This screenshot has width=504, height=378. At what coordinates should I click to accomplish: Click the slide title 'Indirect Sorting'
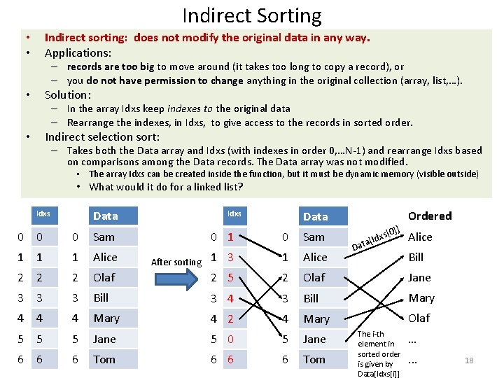point(252,15)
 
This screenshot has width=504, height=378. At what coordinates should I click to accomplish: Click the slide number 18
point(469,360)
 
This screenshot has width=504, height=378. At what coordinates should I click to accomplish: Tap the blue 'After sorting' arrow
point(176,262)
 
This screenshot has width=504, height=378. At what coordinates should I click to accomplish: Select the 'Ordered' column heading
point(430,216)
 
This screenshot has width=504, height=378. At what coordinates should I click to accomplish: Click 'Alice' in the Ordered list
point(420,237)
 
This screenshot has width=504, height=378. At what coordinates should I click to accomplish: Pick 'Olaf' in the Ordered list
point(419,318)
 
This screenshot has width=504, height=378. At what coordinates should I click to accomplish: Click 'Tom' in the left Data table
point(104,359)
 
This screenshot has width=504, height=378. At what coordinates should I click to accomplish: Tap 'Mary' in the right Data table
point(316,318)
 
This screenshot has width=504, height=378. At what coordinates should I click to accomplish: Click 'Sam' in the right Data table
point(314,237)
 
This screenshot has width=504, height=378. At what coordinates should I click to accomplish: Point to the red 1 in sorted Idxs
point(230,237)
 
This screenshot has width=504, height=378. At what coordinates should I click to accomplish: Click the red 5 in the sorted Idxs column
point(230,277)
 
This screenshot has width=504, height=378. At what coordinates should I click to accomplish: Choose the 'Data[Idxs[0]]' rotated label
point(377,238)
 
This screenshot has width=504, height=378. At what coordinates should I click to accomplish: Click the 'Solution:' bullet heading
point(68,94)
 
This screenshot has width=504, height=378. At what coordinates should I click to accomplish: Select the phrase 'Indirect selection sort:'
point(102,136)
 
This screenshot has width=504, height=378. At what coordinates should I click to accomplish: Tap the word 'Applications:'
point(78,52)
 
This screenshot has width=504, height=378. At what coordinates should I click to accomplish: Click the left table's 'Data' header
point(105,216)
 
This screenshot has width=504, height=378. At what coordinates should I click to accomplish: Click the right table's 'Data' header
point(315,216)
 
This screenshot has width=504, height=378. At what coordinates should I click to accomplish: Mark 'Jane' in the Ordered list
point(420,277)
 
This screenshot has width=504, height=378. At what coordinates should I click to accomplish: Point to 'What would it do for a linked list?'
point(166,186)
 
